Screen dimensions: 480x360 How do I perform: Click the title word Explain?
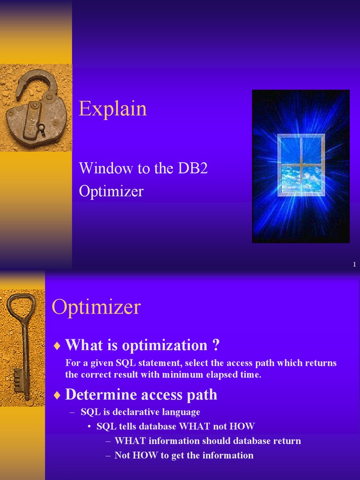(112, 109)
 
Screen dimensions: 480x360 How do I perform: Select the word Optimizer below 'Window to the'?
(111, 191)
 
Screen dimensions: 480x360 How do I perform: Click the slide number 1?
(355, 265)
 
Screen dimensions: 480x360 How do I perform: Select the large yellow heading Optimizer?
(96, 307)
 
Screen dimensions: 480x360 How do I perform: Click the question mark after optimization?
(216, 345)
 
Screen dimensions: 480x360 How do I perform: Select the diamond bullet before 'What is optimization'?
(57, 346)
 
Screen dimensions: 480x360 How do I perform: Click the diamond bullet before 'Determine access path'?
(57, 395)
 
